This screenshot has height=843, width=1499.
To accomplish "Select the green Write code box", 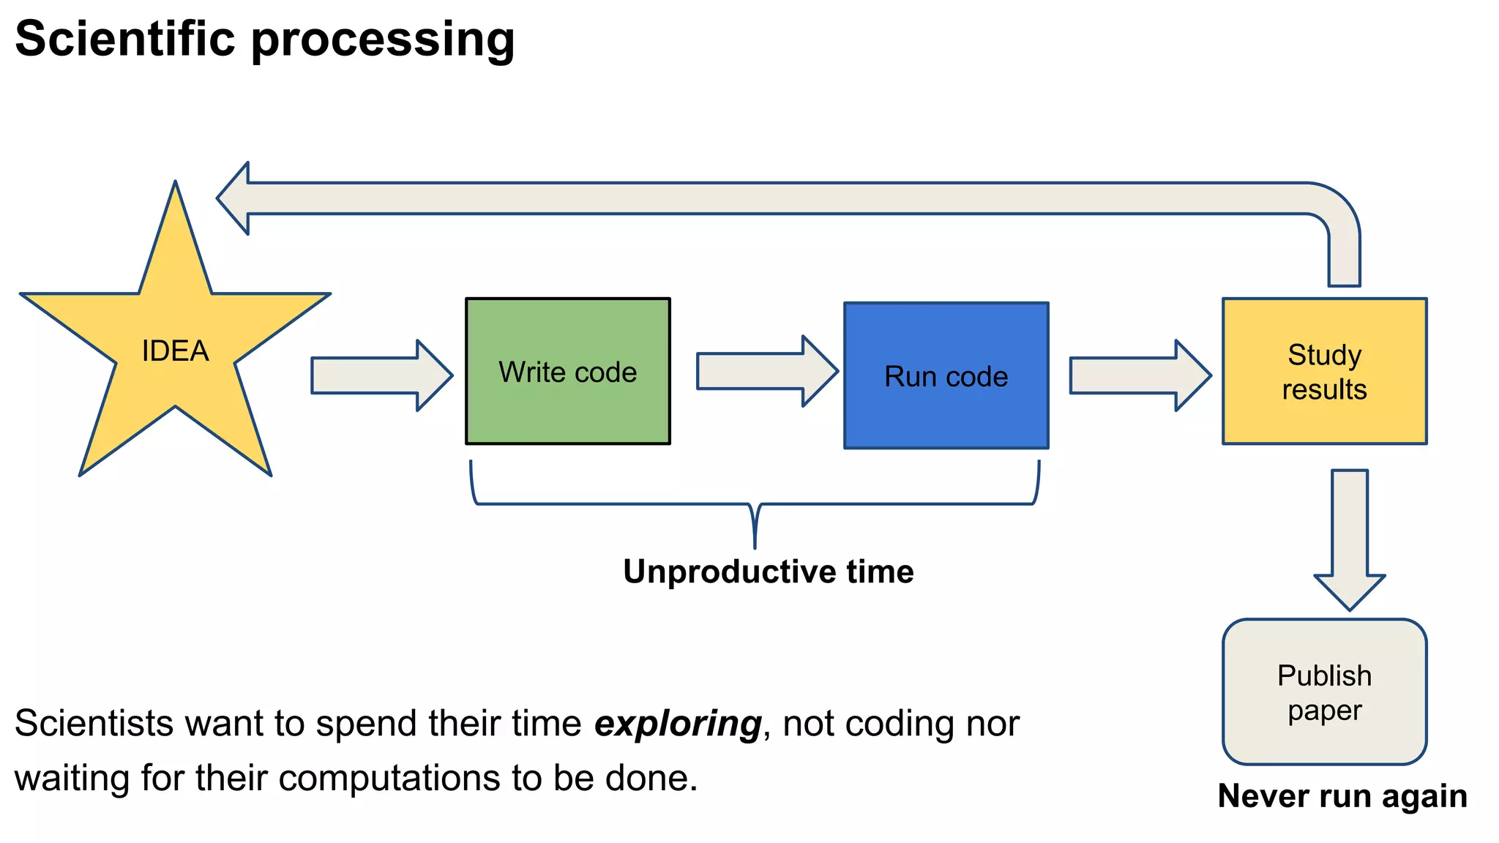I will click(567, 371).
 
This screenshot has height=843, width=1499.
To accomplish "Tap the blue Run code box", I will click(946, 375).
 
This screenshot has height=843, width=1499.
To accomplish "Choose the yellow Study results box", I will click(1324, 371).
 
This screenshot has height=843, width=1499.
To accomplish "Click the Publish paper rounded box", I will click(1324, 692).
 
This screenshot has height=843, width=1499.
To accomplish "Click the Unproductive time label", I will click(768, 572).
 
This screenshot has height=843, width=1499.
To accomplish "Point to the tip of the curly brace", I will click(755, 545).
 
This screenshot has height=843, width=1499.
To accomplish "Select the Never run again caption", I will click(1342, 796).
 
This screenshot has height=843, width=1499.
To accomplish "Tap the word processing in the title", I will click(383, 40).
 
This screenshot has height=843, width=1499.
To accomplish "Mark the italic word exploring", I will click(678, 724).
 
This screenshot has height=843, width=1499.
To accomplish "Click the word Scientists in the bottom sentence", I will click(93, 724).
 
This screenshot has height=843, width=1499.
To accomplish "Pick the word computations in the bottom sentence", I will click(392, 778).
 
